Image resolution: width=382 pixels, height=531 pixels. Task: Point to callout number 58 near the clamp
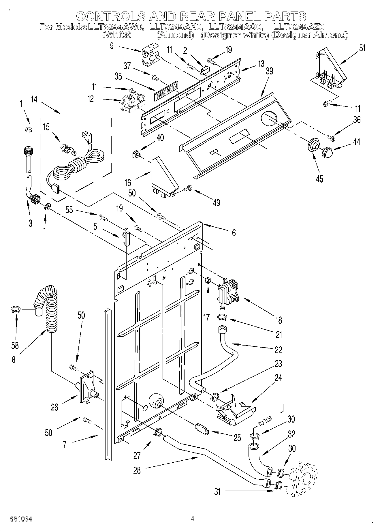(15, 345)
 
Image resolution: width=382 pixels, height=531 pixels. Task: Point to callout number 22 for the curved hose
(278, 349)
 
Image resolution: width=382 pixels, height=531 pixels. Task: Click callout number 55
(69, 210)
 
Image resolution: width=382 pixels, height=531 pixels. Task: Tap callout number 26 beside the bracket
(54, 407)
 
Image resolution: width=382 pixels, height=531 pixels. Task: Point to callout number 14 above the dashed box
(34, 100)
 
